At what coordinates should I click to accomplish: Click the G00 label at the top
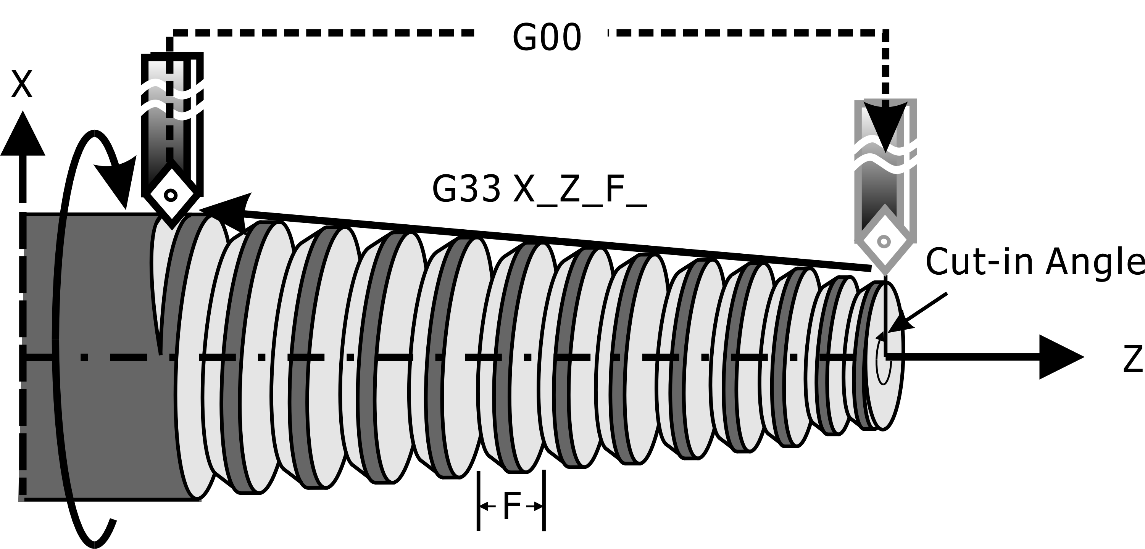547,38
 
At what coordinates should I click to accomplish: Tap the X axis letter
22,84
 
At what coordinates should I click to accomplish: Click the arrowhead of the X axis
23,133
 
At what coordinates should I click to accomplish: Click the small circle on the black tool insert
171,195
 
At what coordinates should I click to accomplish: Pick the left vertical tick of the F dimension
479,501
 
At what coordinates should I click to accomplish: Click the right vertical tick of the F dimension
544,501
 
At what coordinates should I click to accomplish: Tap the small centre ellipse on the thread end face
884,361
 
